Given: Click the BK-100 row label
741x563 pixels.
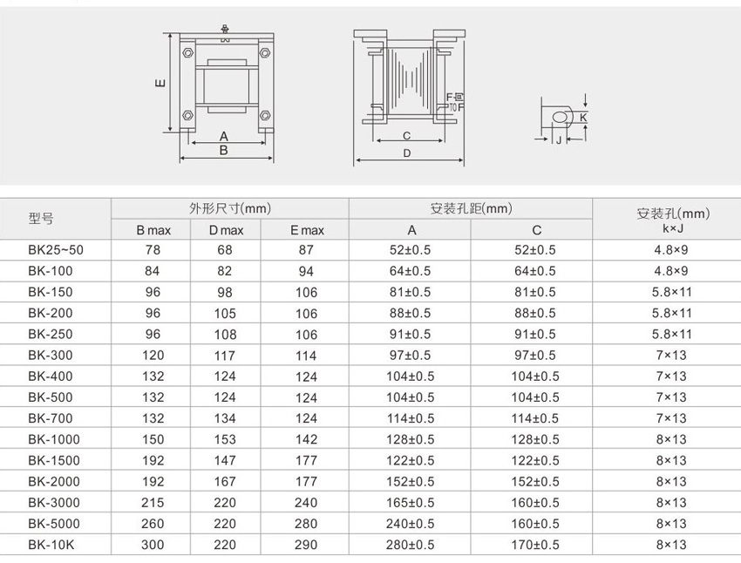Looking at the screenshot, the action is click(x=50, y=271).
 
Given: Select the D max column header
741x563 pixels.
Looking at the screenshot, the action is click(x=226, y=230).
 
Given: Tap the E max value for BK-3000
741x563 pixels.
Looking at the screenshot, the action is click(x=306, y=503).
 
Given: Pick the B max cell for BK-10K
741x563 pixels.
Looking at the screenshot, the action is click(x=153, y=545).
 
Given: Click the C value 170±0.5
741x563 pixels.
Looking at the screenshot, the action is click(x=535, y=545).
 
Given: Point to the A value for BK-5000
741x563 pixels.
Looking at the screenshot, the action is click(x=410, y=523).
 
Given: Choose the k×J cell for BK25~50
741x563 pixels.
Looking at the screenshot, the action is click(x=671, y=250).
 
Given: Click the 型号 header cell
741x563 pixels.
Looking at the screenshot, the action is click(x=41, y=218).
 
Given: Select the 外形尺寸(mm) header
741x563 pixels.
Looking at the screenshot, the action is click(x=230, y=208).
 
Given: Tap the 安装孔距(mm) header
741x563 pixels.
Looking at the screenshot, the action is click(x=471, y=208).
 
